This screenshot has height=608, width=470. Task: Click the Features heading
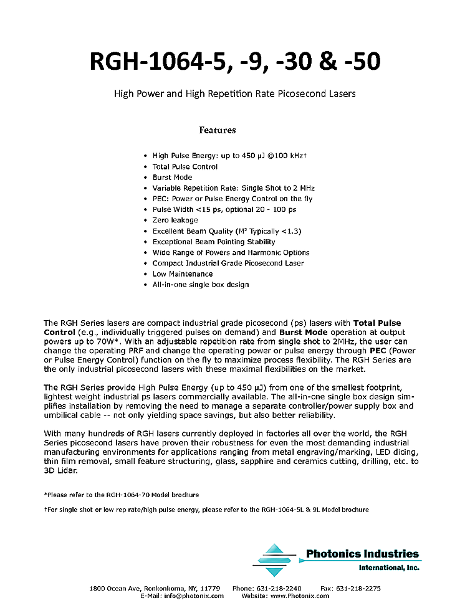pos(218,130)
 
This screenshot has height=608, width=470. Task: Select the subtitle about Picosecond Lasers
pos(234,94)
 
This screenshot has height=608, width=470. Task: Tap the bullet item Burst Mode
pos(172,178)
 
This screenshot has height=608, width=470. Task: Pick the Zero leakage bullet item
pos(175,220)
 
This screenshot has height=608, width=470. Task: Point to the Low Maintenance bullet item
pos(183,274)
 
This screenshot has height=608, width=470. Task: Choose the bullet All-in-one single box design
pos(201,285)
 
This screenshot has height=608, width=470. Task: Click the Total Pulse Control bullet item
pos(185,167)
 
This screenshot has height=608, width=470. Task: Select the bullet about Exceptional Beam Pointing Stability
pos(214,242)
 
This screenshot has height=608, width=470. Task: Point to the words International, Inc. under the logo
pos(389,568)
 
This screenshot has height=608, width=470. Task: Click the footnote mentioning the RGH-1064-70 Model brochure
pos(122,495)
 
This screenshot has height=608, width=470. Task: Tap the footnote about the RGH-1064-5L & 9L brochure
pos(206,510)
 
